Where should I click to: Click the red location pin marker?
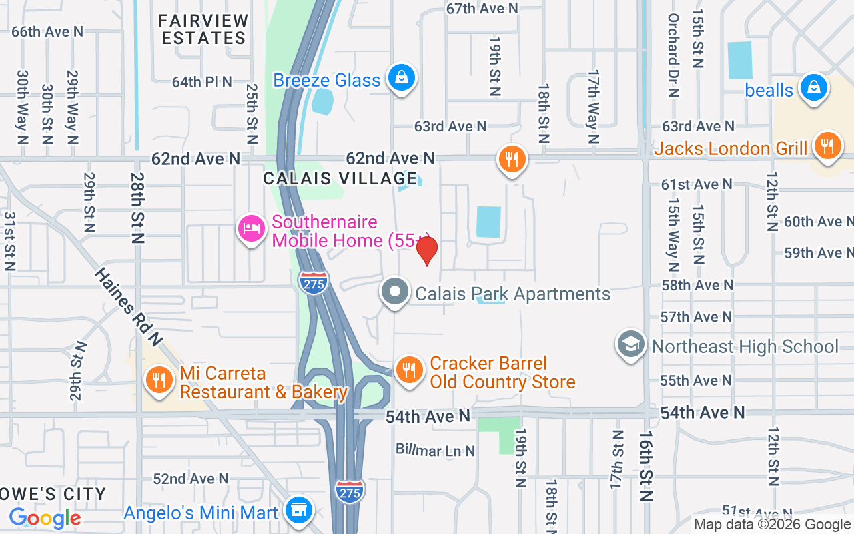pos(426,250)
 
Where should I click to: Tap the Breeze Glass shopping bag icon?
pos(402,78)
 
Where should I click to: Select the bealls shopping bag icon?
pos(813,87)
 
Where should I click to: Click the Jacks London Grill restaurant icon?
pos(827,146)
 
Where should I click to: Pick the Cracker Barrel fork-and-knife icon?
pos(409,370)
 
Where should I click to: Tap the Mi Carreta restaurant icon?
pos(158,380)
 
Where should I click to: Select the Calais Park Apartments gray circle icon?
pos(394,292)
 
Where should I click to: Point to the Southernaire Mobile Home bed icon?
pos(252,229)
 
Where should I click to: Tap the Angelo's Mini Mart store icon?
pos(298,511)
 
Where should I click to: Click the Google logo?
pos(45,517)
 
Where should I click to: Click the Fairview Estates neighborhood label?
pos(204,29)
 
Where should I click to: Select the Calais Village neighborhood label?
pos(340,178)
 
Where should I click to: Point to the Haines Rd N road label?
pos(129,306)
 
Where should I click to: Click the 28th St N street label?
pos(138,208)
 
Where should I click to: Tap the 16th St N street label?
pos(645,466)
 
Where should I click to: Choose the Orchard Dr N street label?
pos(673,55)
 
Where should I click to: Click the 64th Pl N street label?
pos(201,82)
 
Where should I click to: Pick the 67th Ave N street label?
pos(482,8)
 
